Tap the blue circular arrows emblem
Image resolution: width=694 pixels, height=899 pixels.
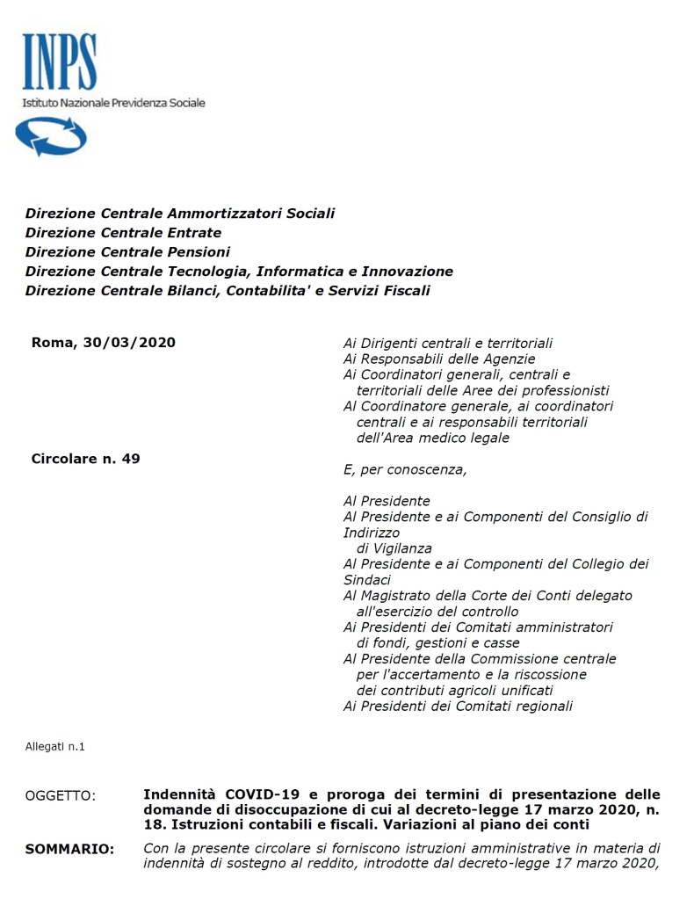point(51,136)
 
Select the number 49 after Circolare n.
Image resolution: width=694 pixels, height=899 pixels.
point(130,459)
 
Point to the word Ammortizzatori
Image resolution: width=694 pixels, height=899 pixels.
point(228,214)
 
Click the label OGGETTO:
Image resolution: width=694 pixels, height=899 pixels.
point(61,795)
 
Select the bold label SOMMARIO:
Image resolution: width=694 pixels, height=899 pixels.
point(70,849)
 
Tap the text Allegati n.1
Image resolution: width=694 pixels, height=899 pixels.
point(54,747)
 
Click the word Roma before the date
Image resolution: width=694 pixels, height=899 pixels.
point(52,343)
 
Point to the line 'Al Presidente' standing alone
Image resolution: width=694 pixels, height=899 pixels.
point(387,501)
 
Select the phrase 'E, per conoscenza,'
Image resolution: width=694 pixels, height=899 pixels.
point(405,470)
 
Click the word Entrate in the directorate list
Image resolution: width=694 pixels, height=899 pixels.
point(193,233)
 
